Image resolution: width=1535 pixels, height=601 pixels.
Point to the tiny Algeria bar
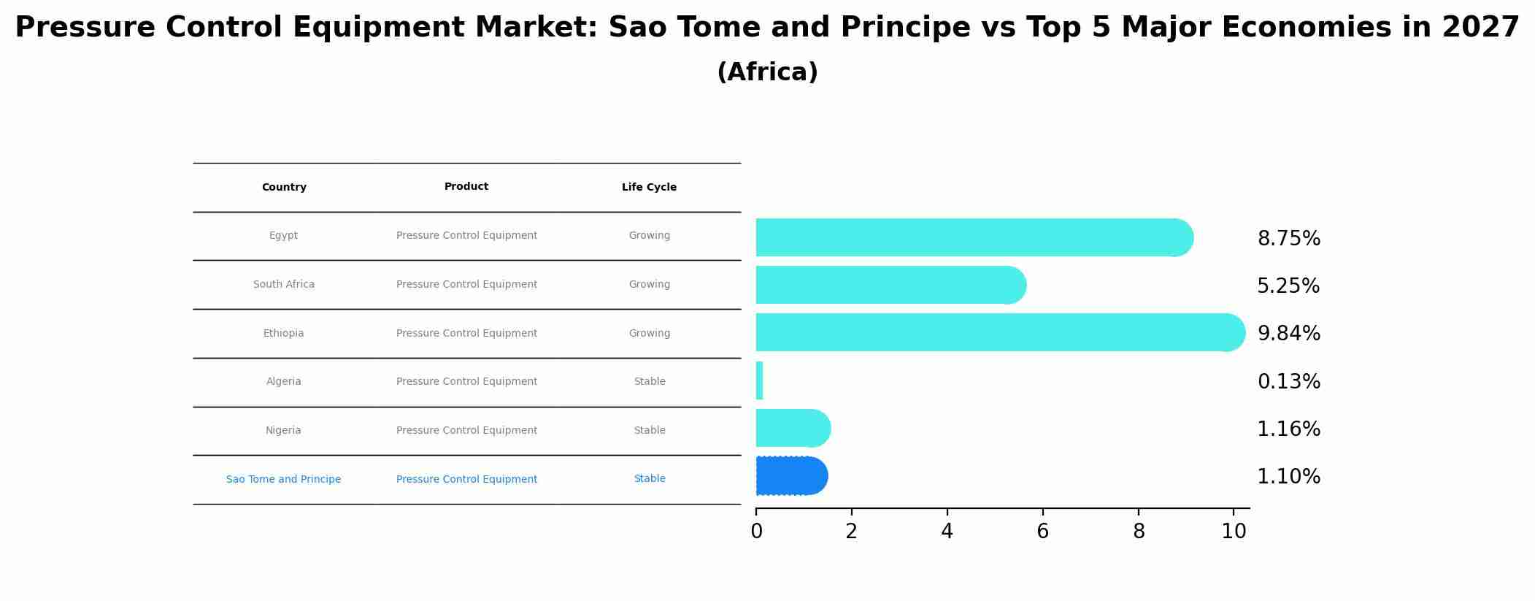point(759,380)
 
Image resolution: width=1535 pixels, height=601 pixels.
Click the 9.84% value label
point(1288,334)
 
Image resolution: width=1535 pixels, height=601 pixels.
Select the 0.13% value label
point(1288,382)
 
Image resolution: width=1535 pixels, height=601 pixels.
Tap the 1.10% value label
point(1288,477)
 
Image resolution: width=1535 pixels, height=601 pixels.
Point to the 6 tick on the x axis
point(1042,532)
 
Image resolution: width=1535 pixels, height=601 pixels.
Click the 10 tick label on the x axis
point(1234,532)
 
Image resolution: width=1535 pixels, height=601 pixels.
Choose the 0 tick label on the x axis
point(756,532)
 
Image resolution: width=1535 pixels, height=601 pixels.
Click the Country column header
point(284,188)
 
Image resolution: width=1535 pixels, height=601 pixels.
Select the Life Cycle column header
point(649,188)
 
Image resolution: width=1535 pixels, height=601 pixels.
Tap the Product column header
point(466,187)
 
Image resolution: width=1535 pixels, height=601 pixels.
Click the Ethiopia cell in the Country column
point(283,334)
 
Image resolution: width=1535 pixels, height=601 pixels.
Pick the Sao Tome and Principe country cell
point(283,480)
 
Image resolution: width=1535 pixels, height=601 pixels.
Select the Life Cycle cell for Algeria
point(650,382)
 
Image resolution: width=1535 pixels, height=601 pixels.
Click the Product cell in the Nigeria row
point(466,431)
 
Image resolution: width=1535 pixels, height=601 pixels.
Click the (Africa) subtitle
point(767,72)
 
